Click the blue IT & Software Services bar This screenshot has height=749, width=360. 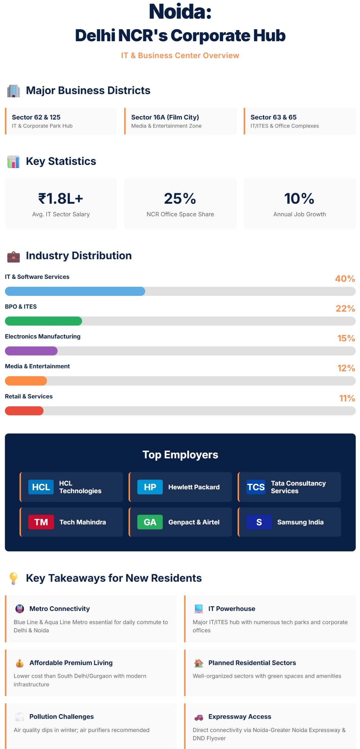click(x=75, y=291)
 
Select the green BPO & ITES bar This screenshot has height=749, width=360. click(x=43, y=321)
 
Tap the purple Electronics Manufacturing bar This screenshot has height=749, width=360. click(x=31, y=351)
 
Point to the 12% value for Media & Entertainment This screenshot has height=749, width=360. click(x=346, y=368)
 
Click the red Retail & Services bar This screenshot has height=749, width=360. click(x=24, y=411)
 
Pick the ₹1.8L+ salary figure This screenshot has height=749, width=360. click(x=61, y=199)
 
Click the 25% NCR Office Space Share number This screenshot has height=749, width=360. click(x=180, y=199)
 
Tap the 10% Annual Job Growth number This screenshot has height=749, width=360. click(x=299, y=199)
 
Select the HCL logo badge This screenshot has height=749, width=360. click(x=41, y=487)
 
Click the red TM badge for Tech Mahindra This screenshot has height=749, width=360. click(x=41, y=522)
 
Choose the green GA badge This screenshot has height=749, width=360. click(x=150, y=522)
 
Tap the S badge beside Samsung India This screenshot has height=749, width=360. click(x=259, y=522)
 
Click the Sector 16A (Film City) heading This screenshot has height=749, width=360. click(x=165, y=117)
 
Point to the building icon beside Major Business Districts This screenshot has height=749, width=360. click(x=13, y=91)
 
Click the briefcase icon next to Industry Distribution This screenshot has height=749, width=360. click(x=13, y=256)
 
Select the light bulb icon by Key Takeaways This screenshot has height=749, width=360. click(x=13, y=578)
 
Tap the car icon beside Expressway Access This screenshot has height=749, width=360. click(x=199, y=717)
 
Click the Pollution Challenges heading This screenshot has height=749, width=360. click(x=62, y=717)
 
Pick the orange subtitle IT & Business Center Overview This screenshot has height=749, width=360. click(x=180, y=55)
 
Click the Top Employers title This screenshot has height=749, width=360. click(x=180, y=455)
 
